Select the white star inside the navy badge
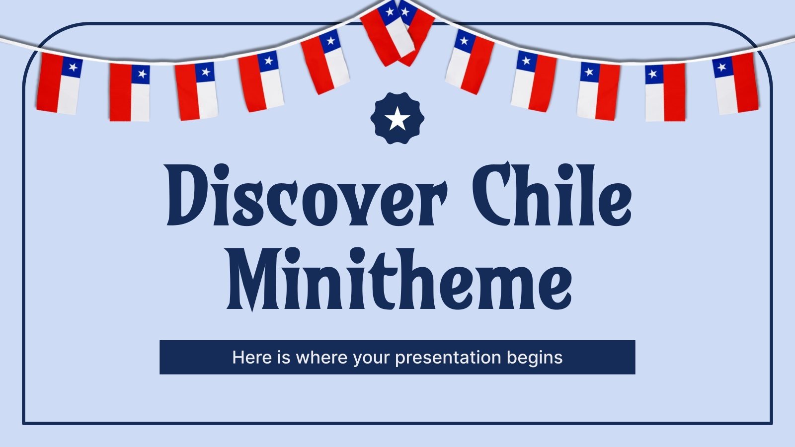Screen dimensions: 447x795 pos(397,119)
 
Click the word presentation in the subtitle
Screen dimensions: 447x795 pos(448,358)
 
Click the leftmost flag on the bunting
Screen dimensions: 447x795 pos(59,83)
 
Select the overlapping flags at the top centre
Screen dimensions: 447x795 pos(397,32)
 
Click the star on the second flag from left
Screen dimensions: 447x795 pos(142,74)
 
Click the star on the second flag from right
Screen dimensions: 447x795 pos(653,74)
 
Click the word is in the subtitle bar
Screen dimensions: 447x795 pos(284,358)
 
